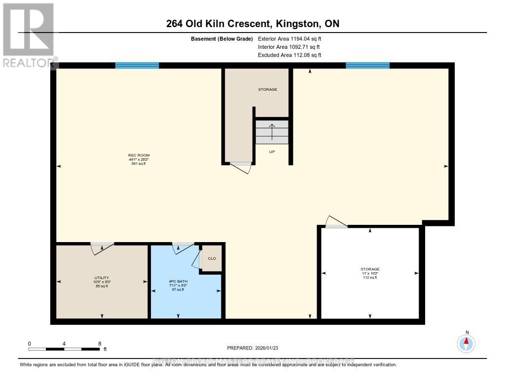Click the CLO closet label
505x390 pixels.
pos(212,258)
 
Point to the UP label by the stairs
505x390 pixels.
pos(272,152)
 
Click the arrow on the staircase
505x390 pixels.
pos(272,132)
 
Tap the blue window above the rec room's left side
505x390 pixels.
pos(137,65)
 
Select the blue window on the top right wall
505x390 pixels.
pos(367,65)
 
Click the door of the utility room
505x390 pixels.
pos(102,248)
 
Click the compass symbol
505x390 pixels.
pos(466,343)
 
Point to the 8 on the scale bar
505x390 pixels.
pos(100,344)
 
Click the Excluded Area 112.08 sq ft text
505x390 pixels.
pos(292,55)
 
